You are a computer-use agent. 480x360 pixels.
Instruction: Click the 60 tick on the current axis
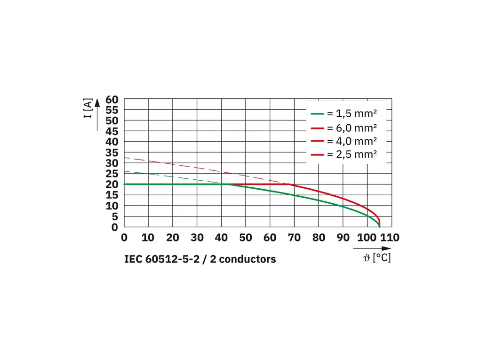click(x=112, y=99)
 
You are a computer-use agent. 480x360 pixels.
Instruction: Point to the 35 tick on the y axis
click(x=112, y=152)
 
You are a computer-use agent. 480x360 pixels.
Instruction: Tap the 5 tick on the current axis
click(x=114, y=216)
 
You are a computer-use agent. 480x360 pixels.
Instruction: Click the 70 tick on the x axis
click(x=294, y=238)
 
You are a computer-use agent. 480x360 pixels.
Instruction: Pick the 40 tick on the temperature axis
click(x=221, y=238)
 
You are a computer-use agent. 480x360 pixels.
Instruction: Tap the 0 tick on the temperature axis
click(x=124, y=238)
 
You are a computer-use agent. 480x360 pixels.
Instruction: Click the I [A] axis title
click(x=88, y=108)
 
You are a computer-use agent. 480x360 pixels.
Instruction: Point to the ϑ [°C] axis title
click(x=377, y=258)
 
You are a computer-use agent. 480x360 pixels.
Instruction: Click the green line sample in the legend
click(x=318, y=114)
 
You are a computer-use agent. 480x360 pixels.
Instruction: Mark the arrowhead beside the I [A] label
click(x=97, y=103)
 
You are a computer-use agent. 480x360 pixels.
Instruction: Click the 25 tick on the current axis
click(x=112, y=174)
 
